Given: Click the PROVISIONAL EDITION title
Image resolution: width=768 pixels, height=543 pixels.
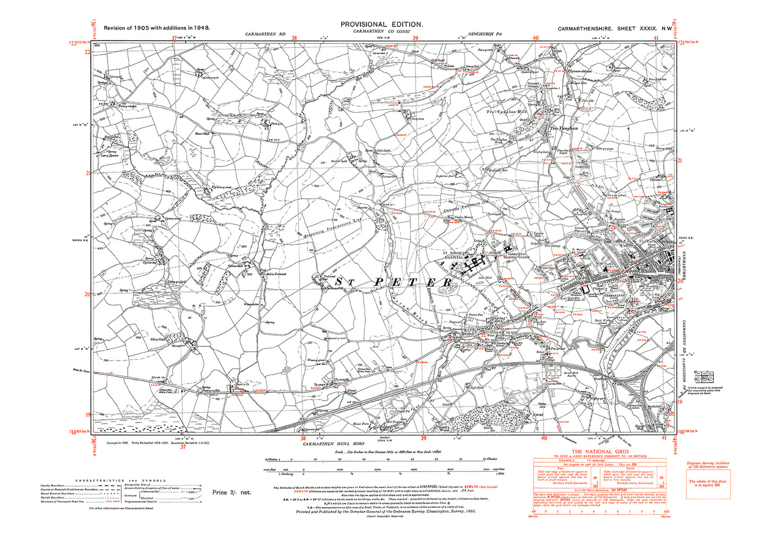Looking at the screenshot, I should tap(382, 24).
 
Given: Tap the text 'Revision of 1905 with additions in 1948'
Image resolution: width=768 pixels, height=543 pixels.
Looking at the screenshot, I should tap(157, 27).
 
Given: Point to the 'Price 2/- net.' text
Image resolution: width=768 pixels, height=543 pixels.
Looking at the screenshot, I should tap(231, 493).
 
